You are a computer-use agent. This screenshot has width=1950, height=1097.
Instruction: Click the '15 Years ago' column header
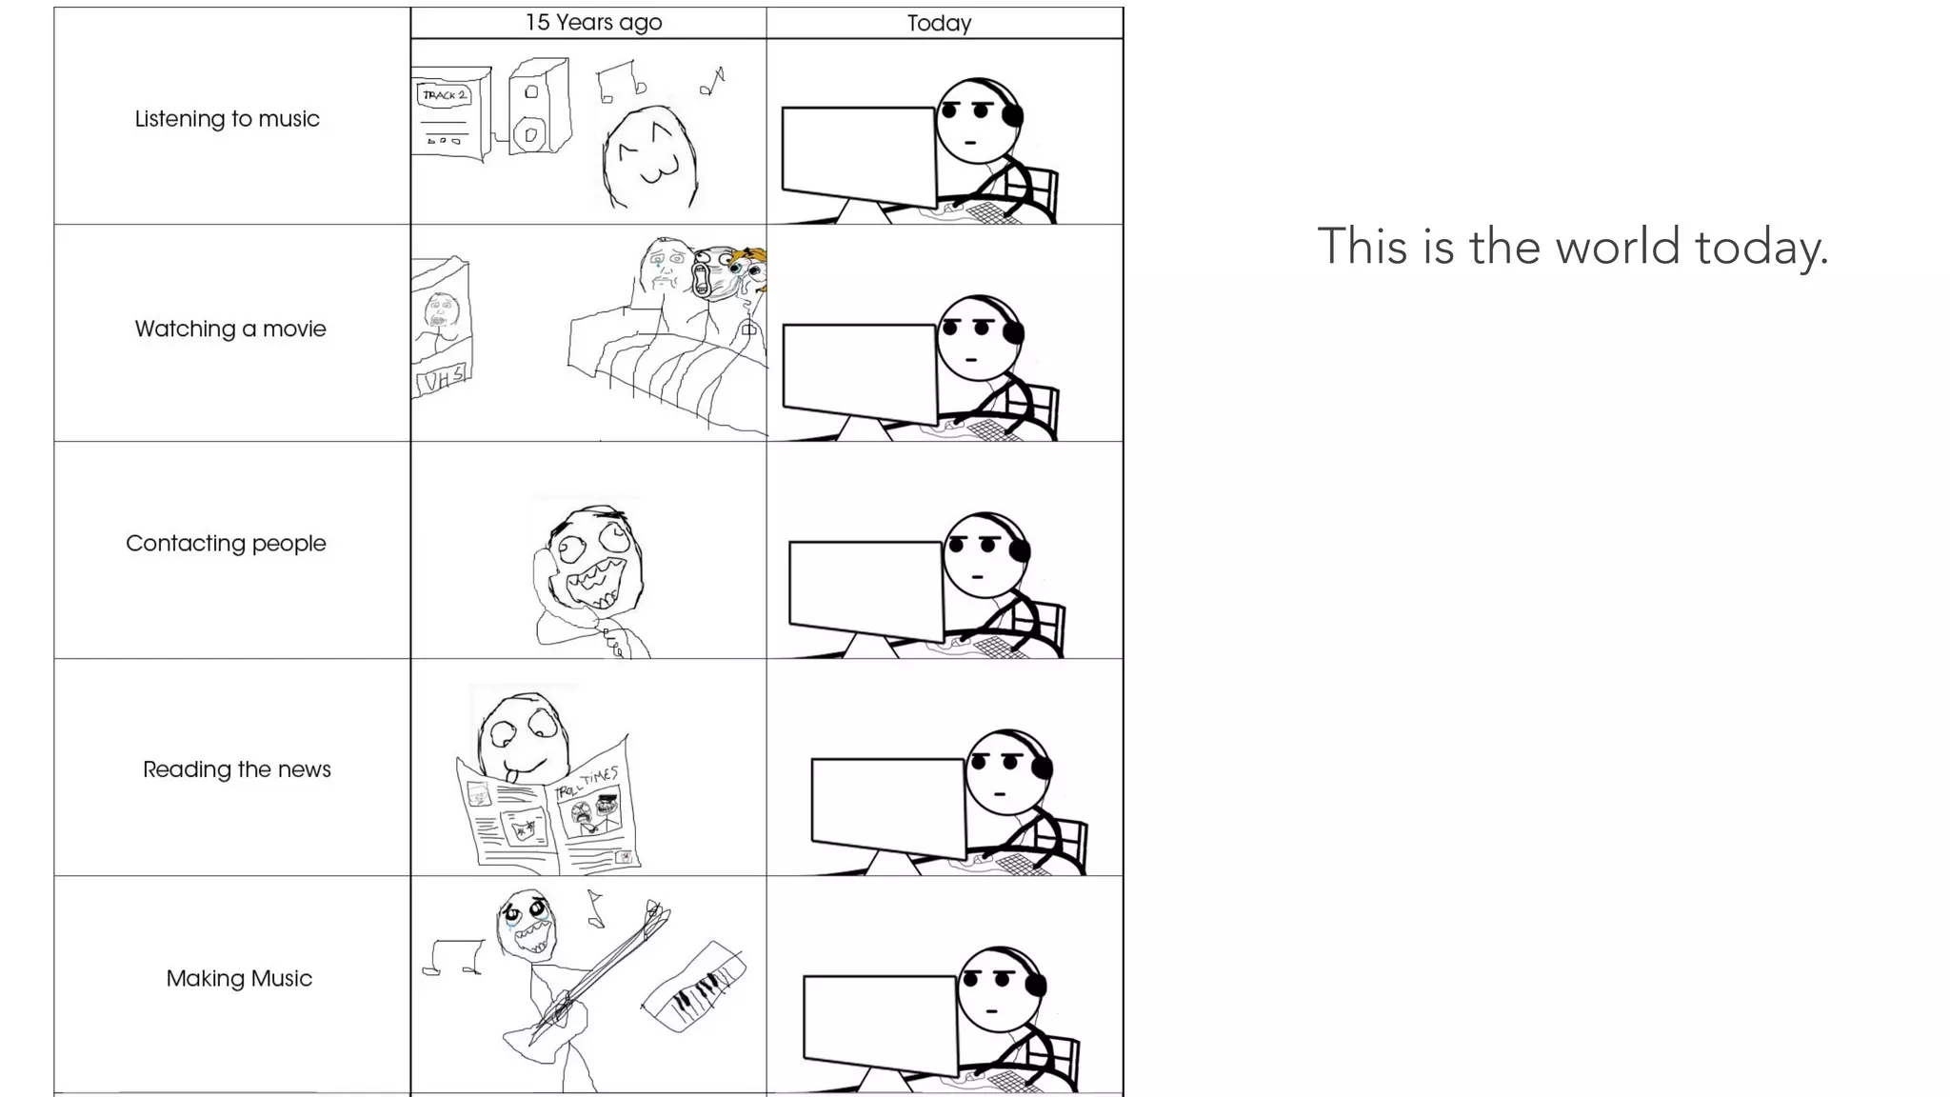(593, 23)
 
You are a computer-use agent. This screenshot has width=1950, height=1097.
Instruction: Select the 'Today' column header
(939, 23)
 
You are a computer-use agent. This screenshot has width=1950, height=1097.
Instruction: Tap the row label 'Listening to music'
(227, 119)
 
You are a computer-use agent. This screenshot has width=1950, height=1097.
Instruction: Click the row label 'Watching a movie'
(230, 329)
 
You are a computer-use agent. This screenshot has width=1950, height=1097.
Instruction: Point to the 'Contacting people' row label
(226, 543)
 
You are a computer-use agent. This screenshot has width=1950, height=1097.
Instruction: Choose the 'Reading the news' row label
(237, 769)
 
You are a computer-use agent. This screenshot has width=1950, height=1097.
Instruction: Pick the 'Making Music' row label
(239, 978)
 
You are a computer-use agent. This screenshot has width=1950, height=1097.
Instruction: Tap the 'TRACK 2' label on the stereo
(445, 95)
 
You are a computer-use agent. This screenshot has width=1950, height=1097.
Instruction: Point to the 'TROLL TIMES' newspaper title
(588, 784)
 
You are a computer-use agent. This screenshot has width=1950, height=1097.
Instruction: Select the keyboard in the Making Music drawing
(694, 986)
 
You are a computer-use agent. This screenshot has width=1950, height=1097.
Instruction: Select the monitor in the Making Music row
(880, 1024)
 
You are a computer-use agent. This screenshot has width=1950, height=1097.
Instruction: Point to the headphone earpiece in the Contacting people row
(1021, 550)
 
